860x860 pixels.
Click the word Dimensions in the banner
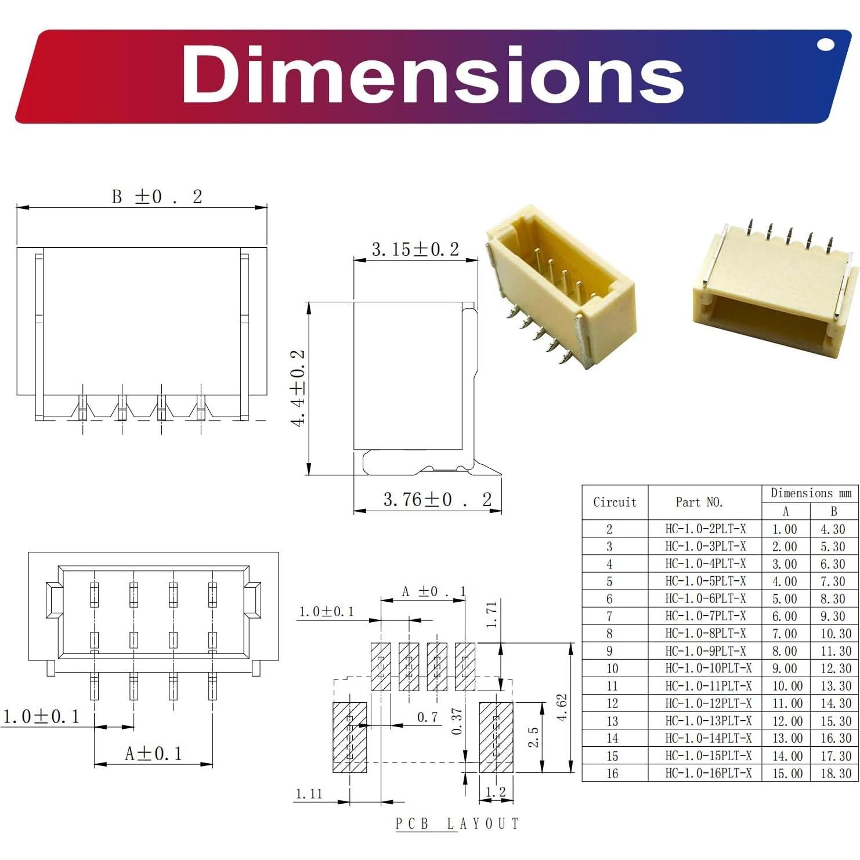click(x=432, y=75)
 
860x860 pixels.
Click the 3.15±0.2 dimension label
click(x=415, y=250)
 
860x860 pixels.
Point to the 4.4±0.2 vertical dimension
click(x=298, y=387)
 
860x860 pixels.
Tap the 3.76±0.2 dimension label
click(x=437, y=500)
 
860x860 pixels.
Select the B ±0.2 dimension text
click(x=157, y=197)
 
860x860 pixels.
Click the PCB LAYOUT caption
click(x=457, y=823)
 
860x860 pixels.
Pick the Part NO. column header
click(x=699, y=503)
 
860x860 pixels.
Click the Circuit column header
click(x=615, y=503)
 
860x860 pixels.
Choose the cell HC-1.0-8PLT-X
click(x=706, y=633)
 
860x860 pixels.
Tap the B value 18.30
click(x=836, y=773)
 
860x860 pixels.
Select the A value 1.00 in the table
click(x=785, y=529)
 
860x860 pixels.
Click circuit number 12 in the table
click(x=612, y=703)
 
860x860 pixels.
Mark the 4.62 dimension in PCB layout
click(x=562, y=707)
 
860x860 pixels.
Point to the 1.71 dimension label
click(x=492, y=615)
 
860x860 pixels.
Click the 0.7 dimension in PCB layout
click(x=428, y=717)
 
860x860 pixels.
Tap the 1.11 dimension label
click(x=309, y=794)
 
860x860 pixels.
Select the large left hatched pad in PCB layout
click(x=349, y=737)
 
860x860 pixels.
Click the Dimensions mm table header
click(x=811, y=493)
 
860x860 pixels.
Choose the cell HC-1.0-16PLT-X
click(x=708, y=773)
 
